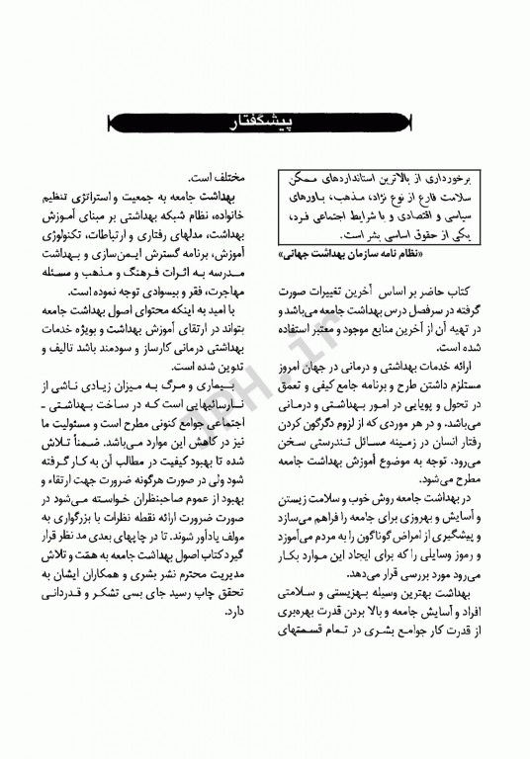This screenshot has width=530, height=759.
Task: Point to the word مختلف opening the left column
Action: click(236, 170)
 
